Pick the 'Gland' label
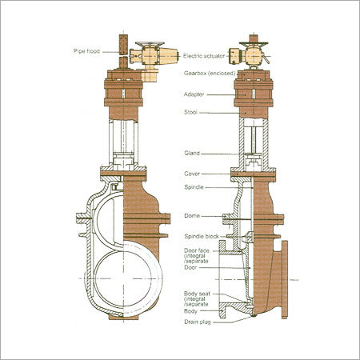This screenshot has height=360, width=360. [190, 153]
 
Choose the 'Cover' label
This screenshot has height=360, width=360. [190, 173]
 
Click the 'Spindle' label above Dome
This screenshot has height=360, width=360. [192, 187]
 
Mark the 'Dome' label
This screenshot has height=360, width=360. [190, 216]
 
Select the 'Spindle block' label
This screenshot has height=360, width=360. [198, 238]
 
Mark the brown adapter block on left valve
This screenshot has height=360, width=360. [126, 92]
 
